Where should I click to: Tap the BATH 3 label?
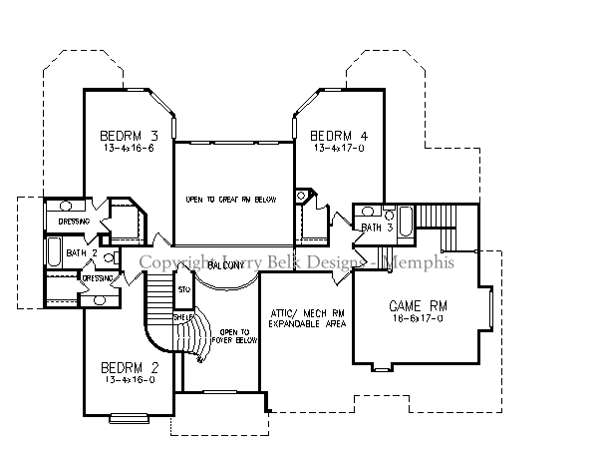tap(377, 228)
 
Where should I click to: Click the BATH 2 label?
tap(81, 252)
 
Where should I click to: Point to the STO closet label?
tap(183, 289)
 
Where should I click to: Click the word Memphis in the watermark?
tap(420, 262)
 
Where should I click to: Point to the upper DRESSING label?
tap(74, 222)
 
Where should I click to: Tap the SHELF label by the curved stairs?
tap(183, 318)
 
